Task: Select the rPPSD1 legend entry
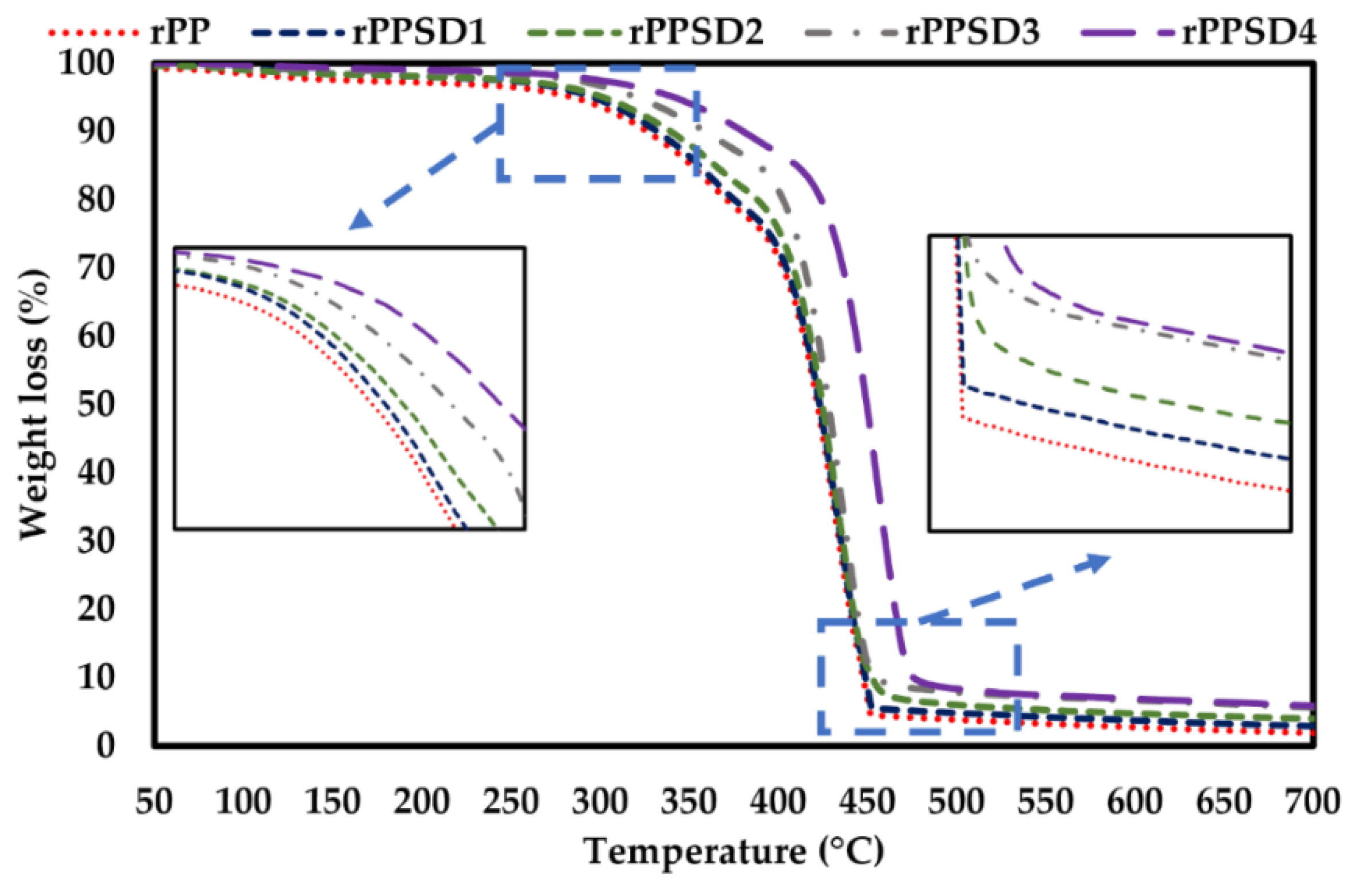click(419, 32)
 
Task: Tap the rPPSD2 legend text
click(696, 32)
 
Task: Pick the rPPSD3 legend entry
click(973, 32)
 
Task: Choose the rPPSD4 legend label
click(1249, 32)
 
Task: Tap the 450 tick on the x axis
click(867, 801)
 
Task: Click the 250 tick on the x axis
click(511, 801)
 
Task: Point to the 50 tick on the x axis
click(154, 801)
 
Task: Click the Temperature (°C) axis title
click(734, 852)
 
